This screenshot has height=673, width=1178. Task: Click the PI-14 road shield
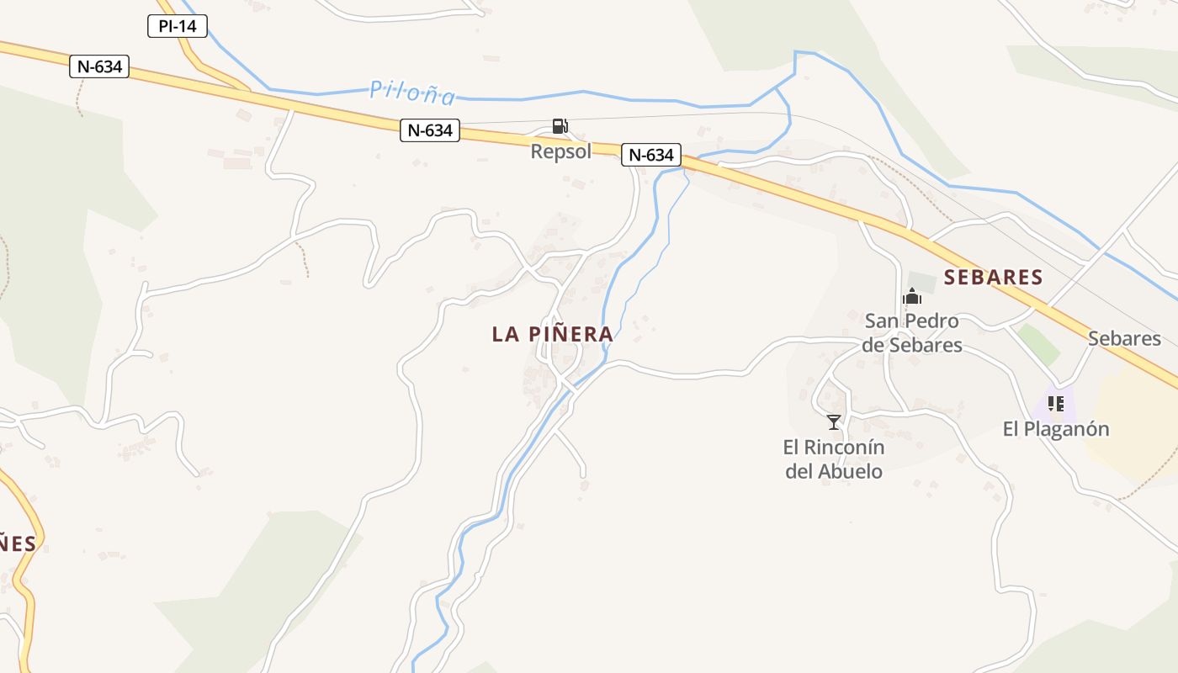click(177, 26)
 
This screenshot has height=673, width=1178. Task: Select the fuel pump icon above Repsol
click(560, 126)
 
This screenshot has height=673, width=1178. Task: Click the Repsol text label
click(560, 151)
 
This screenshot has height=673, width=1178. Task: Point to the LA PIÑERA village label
click(552, 334)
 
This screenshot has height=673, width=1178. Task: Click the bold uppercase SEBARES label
click(993, 277)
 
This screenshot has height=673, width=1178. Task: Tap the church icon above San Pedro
click(912, 296)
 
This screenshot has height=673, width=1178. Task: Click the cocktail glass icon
click(834, 421)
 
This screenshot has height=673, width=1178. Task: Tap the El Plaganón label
click(1056, 429)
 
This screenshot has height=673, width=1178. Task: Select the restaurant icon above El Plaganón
click(1057, 404)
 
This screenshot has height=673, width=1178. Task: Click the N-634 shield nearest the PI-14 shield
click(99, 66)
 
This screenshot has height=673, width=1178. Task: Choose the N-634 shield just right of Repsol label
click(651, 155)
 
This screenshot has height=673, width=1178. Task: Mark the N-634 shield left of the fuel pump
click(429, 130)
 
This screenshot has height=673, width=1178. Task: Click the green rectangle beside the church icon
click(922, 283)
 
